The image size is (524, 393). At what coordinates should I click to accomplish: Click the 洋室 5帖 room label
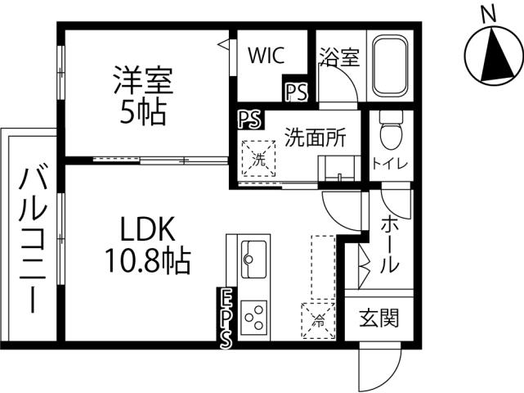(144, 97)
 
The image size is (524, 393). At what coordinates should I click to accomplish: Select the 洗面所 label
(315, 137)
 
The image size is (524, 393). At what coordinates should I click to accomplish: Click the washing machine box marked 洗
(258, 157)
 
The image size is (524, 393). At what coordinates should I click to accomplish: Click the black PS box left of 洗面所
(249, 120)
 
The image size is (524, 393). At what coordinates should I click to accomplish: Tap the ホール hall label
(391, 244)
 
